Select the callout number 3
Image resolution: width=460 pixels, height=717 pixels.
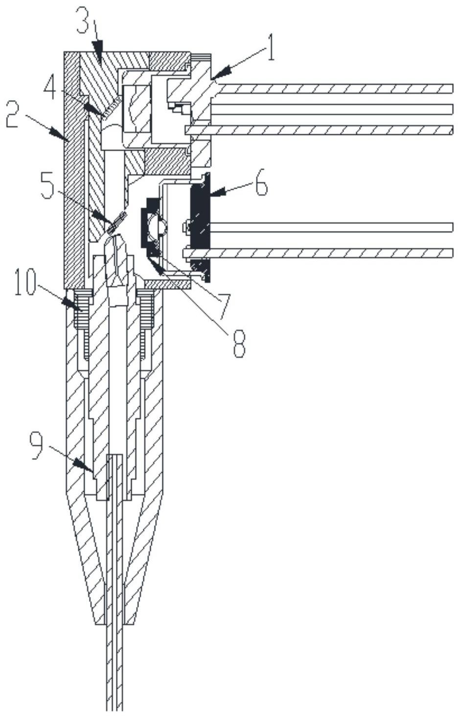coord(83,21)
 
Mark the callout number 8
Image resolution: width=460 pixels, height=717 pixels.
coord(239,344)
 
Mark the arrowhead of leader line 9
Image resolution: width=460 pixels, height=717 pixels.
coord(85,467)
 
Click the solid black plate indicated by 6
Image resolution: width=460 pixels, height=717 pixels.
coord(200,228)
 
